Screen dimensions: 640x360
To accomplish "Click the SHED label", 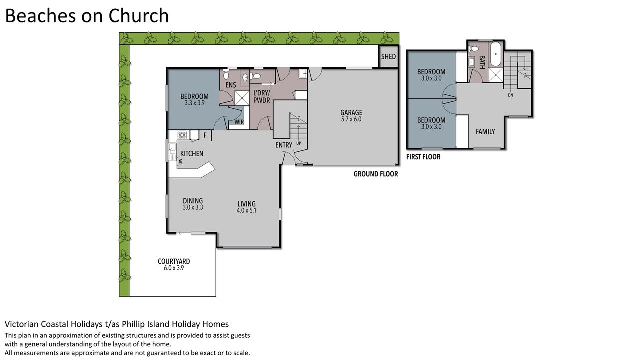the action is [388, 57].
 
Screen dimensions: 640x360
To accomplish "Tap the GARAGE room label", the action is [351, 113].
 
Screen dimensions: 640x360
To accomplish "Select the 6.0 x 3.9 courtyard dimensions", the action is [174, 268].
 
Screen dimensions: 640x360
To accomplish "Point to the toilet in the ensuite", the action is [226, 75].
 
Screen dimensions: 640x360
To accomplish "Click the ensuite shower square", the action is [241, 98].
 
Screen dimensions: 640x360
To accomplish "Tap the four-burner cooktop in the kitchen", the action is [182, 135].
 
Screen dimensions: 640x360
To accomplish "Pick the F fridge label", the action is [205, 135].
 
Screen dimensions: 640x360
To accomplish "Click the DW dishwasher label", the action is [180, 162].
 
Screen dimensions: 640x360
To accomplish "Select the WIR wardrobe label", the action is [239, 122].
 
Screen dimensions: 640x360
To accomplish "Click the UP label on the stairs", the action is [299, 143].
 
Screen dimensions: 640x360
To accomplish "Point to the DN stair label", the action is [511, 95].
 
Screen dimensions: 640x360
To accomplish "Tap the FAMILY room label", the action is [485, 132].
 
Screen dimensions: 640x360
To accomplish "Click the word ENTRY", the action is [284, 145].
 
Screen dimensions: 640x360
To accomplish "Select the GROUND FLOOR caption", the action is [376, 174].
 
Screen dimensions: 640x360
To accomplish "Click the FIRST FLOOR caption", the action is [423, 157].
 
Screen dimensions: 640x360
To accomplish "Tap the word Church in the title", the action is [139, 15].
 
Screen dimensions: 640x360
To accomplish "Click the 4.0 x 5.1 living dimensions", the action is [247, 211].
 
